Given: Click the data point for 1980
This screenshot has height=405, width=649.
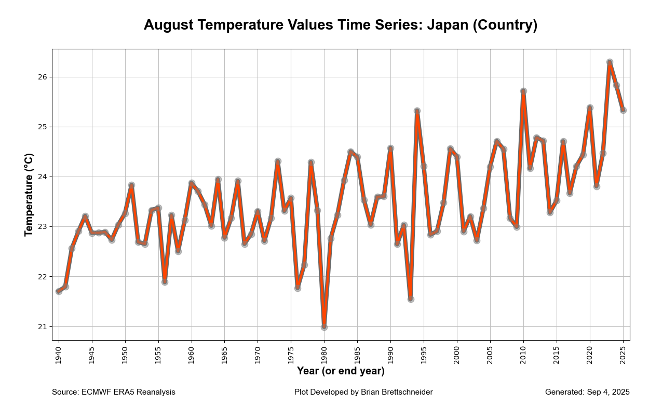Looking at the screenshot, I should (324, 327).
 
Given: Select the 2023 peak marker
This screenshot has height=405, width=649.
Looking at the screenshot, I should (610, 62).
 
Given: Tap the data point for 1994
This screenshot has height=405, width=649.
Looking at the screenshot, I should (417, 111).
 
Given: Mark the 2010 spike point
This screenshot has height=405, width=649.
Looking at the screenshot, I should (523, 91).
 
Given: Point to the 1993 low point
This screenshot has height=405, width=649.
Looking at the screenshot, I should (411, 299).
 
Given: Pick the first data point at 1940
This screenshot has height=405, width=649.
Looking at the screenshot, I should (59, 291).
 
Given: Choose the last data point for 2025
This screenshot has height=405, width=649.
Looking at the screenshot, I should (623, 110).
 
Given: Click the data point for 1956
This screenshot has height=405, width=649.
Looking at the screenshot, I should (165, 282).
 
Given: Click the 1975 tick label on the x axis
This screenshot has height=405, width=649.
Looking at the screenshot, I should (291, 354).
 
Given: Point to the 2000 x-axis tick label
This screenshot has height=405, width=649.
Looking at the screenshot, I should (457, 354).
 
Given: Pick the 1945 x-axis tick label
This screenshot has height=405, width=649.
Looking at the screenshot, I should (92, 354).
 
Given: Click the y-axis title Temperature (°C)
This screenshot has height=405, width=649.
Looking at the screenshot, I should (29, 195).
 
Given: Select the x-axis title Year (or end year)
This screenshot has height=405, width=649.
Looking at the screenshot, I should (341, 371).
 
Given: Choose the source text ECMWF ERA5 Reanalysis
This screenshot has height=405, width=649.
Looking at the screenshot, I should (128, 392).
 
